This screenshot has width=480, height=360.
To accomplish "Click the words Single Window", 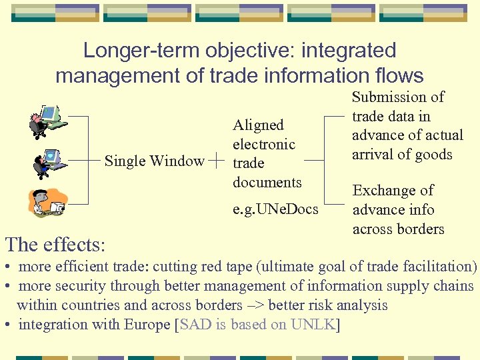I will pos(155,161).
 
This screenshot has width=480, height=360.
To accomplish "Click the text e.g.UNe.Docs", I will pos(275,210).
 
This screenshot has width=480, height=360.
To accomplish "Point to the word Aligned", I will pos(258,125).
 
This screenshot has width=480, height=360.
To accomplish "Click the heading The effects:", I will pos(55,244).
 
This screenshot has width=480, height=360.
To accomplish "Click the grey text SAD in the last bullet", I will pos(195,325).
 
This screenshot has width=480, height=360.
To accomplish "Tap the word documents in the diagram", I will pos(267,182).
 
